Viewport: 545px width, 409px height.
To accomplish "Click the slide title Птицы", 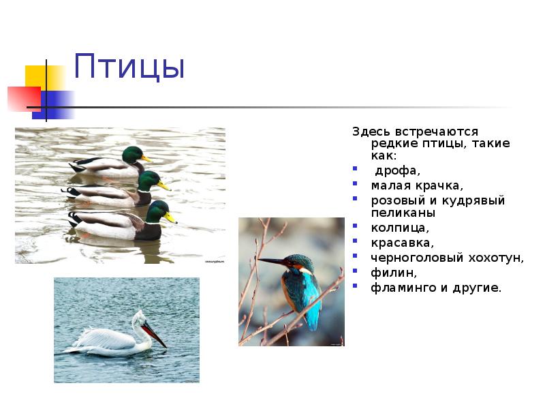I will click(129, 67).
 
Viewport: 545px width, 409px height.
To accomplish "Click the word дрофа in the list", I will click(396, 170).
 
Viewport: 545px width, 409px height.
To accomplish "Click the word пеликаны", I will click(403, 213).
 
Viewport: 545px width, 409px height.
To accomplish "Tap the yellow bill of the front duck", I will click(170, 218).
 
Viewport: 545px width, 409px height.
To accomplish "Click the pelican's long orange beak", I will click(155, 334).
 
